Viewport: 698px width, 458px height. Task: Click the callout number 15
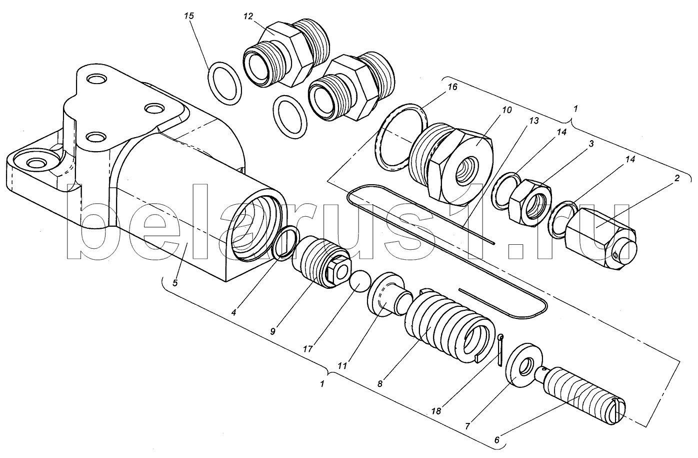click(189, 16)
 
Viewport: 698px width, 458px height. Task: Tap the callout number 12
click(248, 16)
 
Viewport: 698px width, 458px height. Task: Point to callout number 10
click(506, 110)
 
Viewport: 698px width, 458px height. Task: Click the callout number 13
click(534, 121)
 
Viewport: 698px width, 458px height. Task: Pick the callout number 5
click(175, 283)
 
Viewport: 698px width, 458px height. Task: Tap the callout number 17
click(307, 349)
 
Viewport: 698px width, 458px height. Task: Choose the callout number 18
click(436, 411)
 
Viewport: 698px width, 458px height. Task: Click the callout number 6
click(496, 440)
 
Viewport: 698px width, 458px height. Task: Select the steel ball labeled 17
click(360, 281)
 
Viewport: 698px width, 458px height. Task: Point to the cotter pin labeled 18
click(500, 350)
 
